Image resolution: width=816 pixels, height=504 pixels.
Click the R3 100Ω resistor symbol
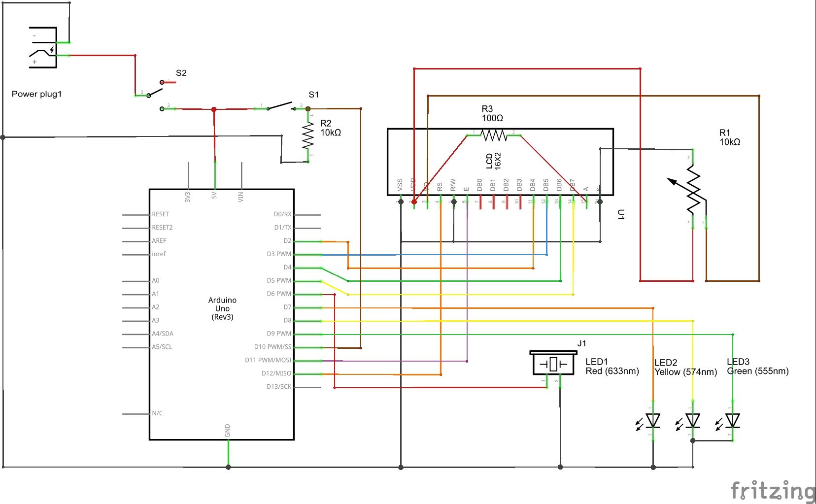coord(493,134)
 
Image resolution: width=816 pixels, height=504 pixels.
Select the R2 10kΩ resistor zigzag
coord(308,136)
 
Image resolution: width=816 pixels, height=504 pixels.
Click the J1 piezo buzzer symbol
coord(553,364)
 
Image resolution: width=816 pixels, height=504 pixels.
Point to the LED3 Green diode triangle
coord(732,421)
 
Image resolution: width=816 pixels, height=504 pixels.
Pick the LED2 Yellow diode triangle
coord(693,421)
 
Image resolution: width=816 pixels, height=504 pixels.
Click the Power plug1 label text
coord(37,94)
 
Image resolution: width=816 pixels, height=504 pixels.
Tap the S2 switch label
coord(181,73)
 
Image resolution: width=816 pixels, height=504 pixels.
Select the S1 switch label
coord(313,95)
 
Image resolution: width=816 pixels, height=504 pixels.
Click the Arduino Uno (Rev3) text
coord(222,308)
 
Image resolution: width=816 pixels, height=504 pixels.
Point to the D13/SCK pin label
coord(279,387)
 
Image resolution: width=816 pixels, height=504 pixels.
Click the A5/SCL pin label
coord(162,347)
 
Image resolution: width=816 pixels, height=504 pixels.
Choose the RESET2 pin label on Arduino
coord(162,228)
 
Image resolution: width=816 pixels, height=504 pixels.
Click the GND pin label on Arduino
coord(228,430)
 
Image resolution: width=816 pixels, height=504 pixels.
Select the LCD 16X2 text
coord(493,161)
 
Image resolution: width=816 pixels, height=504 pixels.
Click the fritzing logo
coord(772,491)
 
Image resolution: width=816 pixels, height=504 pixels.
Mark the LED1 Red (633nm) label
coord(612,367)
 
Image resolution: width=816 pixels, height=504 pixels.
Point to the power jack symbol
coord(43,48)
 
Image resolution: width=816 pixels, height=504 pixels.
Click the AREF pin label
coord(159,241)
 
